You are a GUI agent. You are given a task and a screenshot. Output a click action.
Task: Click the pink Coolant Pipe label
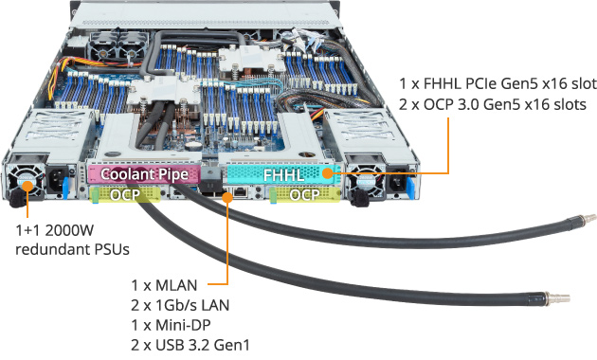142,174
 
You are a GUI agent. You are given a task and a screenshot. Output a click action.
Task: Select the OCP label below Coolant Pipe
124,194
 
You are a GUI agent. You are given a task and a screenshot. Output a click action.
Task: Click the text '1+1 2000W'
56,230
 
